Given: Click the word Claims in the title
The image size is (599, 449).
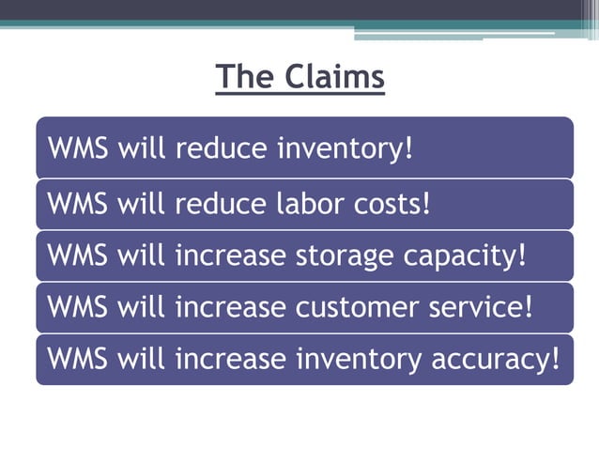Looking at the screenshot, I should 335,76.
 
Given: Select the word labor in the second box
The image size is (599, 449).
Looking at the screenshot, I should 318,202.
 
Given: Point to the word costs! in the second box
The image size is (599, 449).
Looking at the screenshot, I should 398,202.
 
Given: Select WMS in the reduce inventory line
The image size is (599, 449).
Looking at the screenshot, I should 79,149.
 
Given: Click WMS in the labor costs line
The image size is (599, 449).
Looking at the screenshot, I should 79,202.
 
